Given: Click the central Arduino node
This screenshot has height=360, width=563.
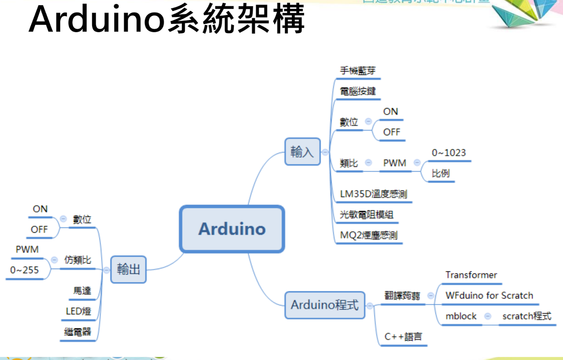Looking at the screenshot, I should click(232, 229).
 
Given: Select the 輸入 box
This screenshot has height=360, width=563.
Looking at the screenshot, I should click(302, 152).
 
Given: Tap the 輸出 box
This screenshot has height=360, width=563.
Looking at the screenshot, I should click(128, 269).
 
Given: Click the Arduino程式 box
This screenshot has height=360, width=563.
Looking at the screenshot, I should click(324, 305).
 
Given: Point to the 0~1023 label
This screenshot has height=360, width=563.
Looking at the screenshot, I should click(449, 153).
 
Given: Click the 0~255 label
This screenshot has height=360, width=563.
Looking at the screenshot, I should click(24, 270).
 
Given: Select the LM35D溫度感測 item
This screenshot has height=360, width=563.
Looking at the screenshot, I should click(373, 194).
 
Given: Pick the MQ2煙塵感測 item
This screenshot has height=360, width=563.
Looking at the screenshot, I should click(368, 235).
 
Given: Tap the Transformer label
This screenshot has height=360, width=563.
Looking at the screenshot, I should click(471, 275).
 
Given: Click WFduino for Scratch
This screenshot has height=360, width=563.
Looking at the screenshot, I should click(489, 296).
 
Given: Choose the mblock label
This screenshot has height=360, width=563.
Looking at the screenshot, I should click(461, 316).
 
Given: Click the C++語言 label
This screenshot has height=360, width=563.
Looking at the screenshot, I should click(403, 337).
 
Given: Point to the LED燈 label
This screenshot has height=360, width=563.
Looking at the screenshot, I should click(78, 311).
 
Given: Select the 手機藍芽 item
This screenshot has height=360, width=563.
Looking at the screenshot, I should click(358, 71).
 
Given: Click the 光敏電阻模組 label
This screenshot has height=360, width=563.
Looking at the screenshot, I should click(366, 214).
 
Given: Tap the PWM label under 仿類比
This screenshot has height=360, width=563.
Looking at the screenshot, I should click(27, 250).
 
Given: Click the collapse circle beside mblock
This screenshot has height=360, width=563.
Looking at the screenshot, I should click(488, 316).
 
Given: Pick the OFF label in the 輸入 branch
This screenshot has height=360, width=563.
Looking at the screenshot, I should click(391, 132).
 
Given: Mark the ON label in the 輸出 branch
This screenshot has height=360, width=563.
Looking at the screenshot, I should click(40, 209).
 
